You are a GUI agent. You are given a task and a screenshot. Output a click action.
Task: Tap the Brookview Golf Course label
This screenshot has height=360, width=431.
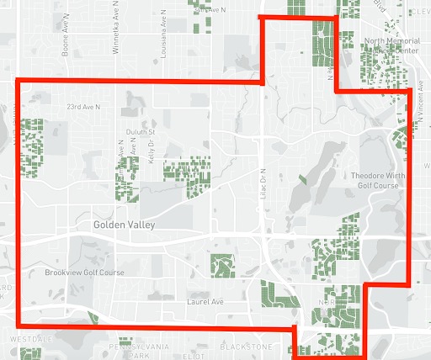point(84,273)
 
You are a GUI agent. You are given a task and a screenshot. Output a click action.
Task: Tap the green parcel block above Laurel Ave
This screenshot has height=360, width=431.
point(222,267)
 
